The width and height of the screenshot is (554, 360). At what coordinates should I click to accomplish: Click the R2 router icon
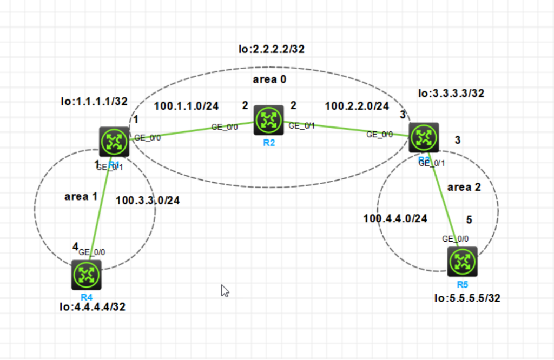269,120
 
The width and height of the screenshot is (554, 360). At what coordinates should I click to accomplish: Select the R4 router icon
87,275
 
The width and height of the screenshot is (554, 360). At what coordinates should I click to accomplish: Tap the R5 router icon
463,262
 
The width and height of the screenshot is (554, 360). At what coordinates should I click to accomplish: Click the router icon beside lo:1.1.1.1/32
114,142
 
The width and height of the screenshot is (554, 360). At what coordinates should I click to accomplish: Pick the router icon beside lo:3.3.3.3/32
424,138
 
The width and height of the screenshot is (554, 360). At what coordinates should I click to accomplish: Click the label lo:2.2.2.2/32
272,49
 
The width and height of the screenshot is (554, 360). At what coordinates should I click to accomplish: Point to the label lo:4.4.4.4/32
93,307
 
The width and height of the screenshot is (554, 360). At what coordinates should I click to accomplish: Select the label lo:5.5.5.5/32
467,298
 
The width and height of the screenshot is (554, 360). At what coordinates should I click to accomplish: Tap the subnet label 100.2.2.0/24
357,106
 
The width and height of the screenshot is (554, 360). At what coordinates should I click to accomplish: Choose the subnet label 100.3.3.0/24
148,201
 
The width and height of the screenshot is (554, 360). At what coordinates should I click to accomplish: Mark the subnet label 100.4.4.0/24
395,219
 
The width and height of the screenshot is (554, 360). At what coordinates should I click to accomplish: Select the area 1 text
81,197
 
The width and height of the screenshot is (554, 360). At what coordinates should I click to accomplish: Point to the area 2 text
464,187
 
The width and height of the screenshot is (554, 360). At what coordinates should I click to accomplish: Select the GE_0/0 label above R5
456,238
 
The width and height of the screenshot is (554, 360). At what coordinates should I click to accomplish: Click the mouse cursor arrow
225,290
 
